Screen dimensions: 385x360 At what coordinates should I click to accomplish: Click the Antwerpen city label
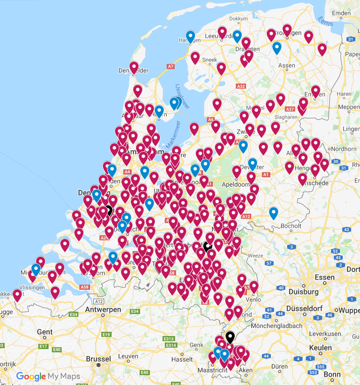pyautogui.click(x=103, y=310)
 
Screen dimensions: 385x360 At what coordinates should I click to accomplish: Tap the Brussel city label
pyautogui.click(x=99, y=359)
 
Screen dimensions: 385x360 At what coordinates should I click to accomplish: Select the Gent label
pyautogui.click(x=45, y=332)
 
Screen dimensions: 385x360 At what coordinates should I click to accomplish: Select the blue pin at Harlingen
pyautogui.click(x=190, y=36)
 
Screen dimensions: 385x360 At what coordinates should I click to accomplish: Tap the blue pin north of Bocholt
pyautogui.click(x=274, y=213)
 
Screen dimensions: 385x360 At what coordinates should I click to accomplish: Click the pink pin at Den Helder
pyautogui.click(x=134, y=67)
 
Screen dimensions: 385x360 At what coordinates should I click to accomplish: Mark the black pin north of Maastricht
pyautogui.click(x=230, y=336)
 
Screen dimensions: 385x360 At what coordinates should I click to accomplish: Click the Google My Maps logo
pyautogui.click(x=48, y=376)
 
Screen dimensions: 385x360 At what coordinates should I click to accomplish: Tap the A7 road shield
pyautogui.click(x=171, y=67)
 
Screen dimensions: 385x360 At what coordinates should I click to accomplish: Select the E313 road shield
pyautogui.click(x=169, y=339)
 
